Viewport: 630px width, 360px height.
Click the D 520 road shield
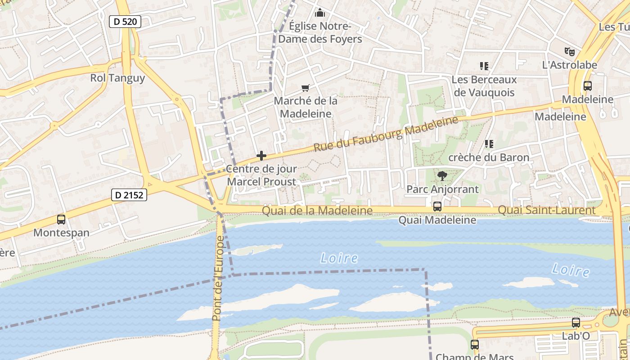(125, 21)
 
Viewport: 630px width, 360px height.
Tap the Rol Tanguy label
(117, 78)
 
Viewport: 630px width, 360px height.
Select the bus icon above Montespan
(61, 220)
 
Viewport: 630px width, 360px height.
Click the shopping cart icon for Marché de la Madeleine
(306, 88)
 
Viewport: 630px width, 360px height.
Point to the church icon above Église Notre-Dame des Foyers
(320, 13)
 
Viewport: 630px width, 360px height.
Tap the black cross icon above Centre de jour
(261, 156)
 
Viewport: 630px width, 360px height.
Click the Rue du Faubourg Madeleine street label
(386, 134)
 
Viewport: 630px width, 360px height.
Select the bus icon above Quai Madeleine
(437, 207)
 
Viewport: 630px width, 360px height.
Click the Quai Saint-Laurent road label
(546, 210)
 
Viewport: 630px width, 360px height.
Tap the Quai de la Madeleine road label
(317, 211)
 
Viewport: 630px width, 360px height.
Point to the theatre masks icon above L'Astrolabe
(570, 52)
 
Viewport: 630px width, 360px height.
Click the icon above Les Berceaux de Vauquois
(484, 67)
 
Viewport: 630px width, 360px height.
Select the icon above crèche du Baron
(489, 144)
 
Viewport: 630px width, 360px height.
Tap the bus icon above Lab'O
(576, 323)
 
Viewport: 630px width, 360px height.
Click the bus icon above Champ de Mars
(475, 345)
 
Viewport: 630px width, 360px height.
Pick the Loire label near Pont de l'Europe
(339, 258)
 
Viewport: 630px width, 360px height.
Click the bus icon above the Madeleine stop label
(587, 86)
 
